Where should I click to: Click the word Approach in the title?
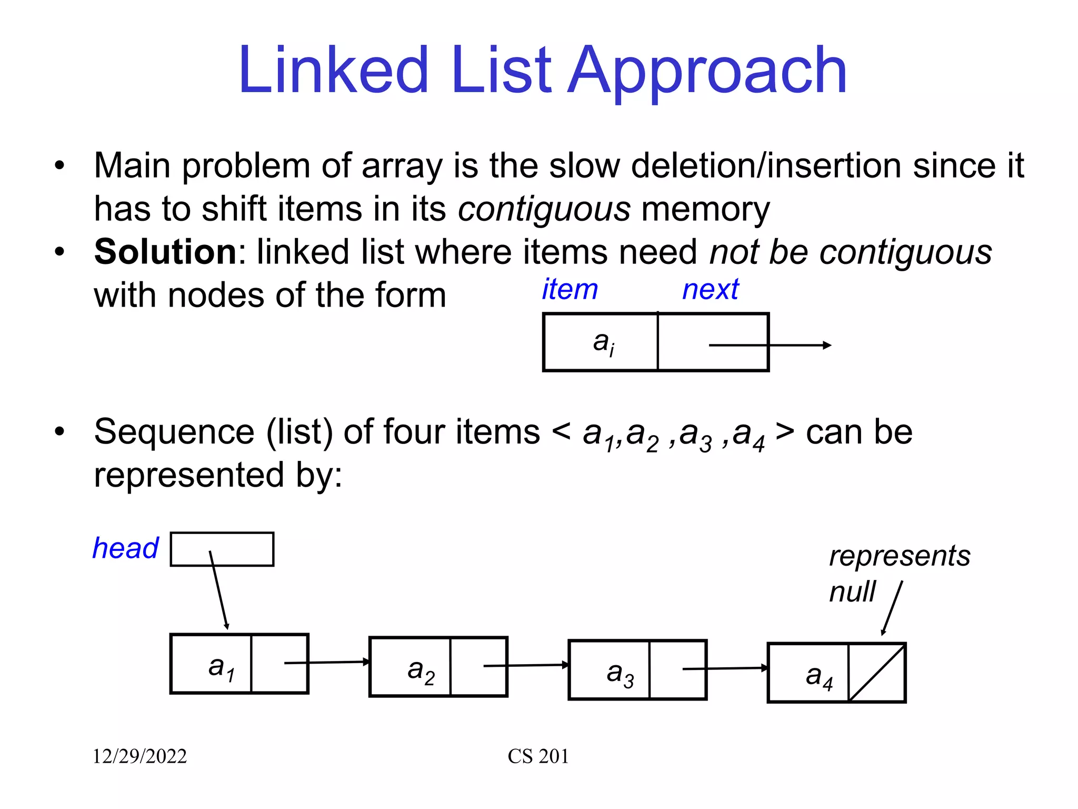point(708,71)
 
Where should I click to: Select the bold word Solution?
point(165,251)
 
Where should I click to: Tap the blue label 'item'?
point(570,289)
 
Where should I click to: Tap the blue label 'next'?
point(711,289)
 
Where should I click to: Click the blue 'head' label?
point(125,548)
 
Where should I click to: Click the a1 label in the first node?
point(221,667)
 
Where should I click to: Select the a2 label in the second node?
point(421,671)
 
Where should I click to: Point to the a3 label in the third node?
point(620,674)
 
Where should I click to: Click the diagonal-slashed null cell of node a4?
point(877,673)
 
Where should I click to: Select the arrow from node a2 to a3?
point(526,665)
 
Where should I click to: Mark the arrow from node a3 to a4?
point(725,668)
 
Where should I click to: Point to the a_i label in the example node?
point(603,343)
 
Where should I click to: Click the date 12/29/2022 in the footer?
point(139,756)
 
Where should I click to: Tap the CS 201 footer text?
point(538,756)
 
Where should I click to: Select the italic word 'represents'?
point(900,556)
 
